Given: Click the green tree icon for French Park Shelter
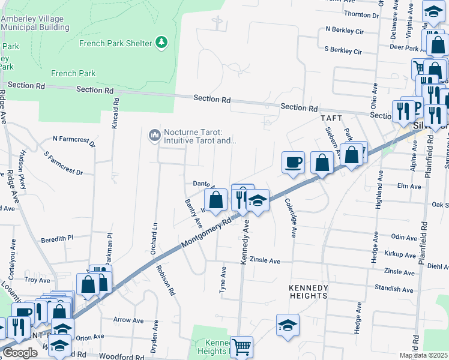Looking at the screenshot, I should point(161,43).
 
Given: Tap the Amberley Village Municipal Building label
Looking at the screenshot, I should point(35,23).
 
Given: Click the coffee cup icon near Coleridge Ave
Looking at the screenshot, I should point(293,163).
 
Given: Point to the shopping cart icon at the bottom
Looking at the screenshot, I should point(241,347).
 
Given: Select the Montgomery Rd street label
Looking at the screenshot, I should point(206,234).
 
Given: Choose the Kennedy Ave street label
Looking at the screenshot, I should point(245,241).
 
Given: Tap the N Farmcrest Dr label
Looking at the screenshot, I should point(74,141).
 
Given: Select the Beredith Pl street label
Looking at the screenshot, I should point(57,239).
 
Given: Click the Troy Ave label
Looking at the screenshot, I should point(37,280).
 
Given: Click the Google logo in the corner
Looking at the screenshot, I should point(20,353).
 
